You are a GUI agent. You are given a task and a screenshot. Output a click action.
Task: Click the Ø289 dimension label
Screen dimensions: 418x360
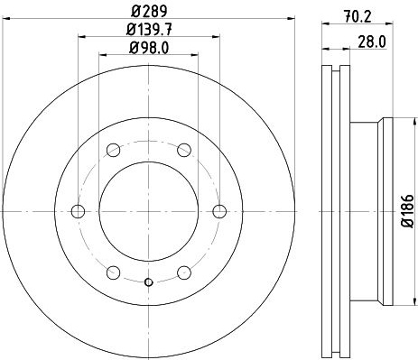point(149,12)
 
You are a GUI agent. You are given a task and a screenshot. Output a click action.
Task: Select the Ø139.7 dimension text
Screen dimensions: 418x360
point(149,30)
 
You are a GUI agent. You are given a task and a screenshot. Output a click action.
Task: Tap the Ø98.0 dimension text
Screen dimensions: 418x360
point(149,48)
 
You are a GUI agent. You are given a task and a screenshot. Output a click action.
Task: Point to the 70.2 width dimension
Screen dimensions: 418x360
point(358,15)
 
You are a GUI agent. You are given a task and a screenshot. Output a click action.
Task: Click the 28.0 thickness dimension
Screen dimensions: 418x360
point(372,42)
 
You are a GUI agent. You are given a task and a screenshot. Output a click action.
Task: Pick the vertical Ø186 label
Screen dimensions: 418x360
point(408,211)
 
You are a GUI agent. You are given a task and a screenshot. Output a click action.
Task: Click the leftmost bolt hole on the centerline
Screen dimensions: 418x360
point(78,211)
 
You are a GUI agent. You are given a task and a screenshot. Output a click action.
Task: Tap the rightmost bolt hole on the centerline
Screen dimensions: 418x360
point(219,211)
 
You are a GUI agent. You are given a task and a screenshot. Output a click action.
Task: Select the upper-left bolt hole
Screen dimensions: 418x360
point(114,150)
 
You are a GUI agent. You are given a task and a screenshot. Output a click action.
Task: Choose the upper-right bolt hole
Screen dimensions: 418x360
point(184,150)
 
